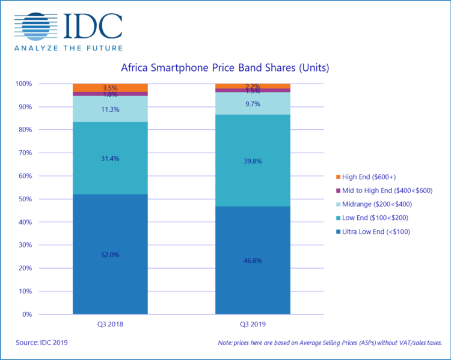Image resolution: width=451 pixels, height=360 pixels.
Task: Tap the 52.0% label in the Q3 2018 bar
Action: point(110,255)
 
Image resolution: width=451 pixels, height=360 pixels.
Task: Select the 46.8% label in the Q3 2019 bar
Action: point(253,261)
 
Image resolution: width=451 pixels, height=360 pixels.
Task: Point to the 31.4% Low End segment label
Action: point(110,158)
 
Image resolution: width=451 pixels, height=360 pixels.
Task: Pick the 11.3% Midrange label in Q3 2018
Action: point(110,109)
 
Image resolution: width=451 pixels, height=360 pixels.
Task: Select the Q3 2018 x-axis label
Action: point(110,323)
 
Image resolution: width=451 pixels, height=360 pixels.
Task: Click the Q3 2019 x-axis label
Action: point(253,323)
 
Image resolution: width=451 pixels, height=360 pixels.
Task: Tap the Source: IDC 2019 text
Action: point(41,343)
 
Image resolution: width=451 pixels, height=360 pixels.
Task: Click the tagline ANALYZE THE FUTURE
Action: point(69,48)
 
